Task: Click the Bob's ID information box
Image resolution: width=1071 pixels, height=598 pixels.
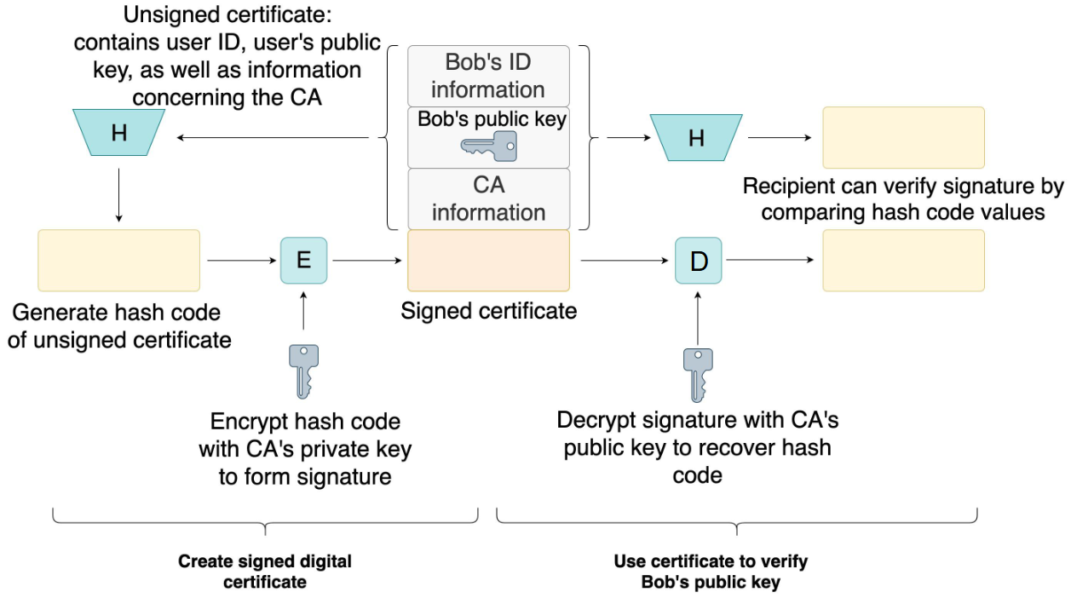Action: tap(488, 76)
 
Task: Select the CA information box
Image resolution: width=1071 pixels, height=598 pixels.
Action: tap(488, 198)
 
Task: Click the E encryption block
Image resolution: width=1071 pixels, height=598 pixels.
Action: tap(303, 260)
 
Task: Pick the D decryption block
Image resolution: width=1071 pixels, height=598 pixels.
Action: tap(699, 260)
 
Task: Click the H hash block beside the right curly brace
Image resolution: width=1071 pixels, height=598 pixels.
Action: tap(696, 136)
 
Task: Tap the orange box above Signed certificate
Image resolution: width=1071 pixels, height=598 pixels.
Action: tap(488, 261)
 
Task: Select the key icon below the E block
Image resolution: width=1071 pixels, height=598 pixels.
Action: tap(303, 371)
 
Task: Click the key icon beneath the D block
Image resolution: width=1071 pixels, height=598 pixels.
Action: tap(697, 374)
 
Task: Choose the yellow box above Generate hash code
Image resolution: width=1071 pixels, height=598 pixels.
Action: tap(118, 260)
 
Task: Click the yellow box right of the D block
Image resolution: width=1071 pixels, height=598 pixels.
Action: tap(903, 260)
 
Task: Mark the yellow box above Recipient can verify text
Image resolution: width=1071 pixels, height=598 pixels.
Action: tap(903, 137)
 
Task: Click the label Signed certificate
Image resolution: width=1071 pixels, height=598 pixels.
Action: tap(488, 311)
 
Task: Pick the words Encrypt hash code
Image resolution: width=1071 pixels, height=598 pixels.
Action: tap(305, 422)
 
